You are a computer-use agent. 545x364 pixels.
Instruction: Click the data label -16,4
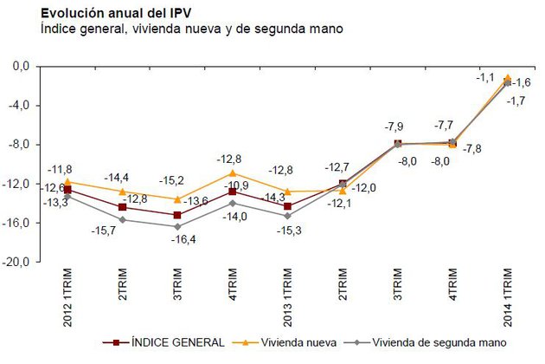(179, 239)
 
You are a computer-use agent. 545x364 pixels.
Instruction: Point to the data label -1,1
(485, 76)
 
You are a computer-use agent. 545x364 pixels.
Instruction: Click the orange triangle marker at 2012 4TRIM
(233, 172)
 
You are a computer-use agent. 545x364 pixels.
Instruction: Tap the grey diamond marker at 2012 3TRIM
(178, 226)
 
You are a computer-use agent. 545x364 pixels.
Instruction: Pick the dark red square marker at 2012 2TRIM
(123, 207)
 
